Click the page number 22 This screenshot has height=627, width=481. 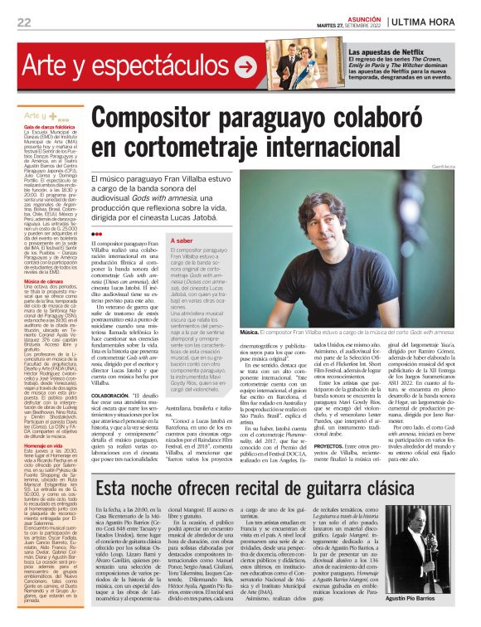click(23, 22)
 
